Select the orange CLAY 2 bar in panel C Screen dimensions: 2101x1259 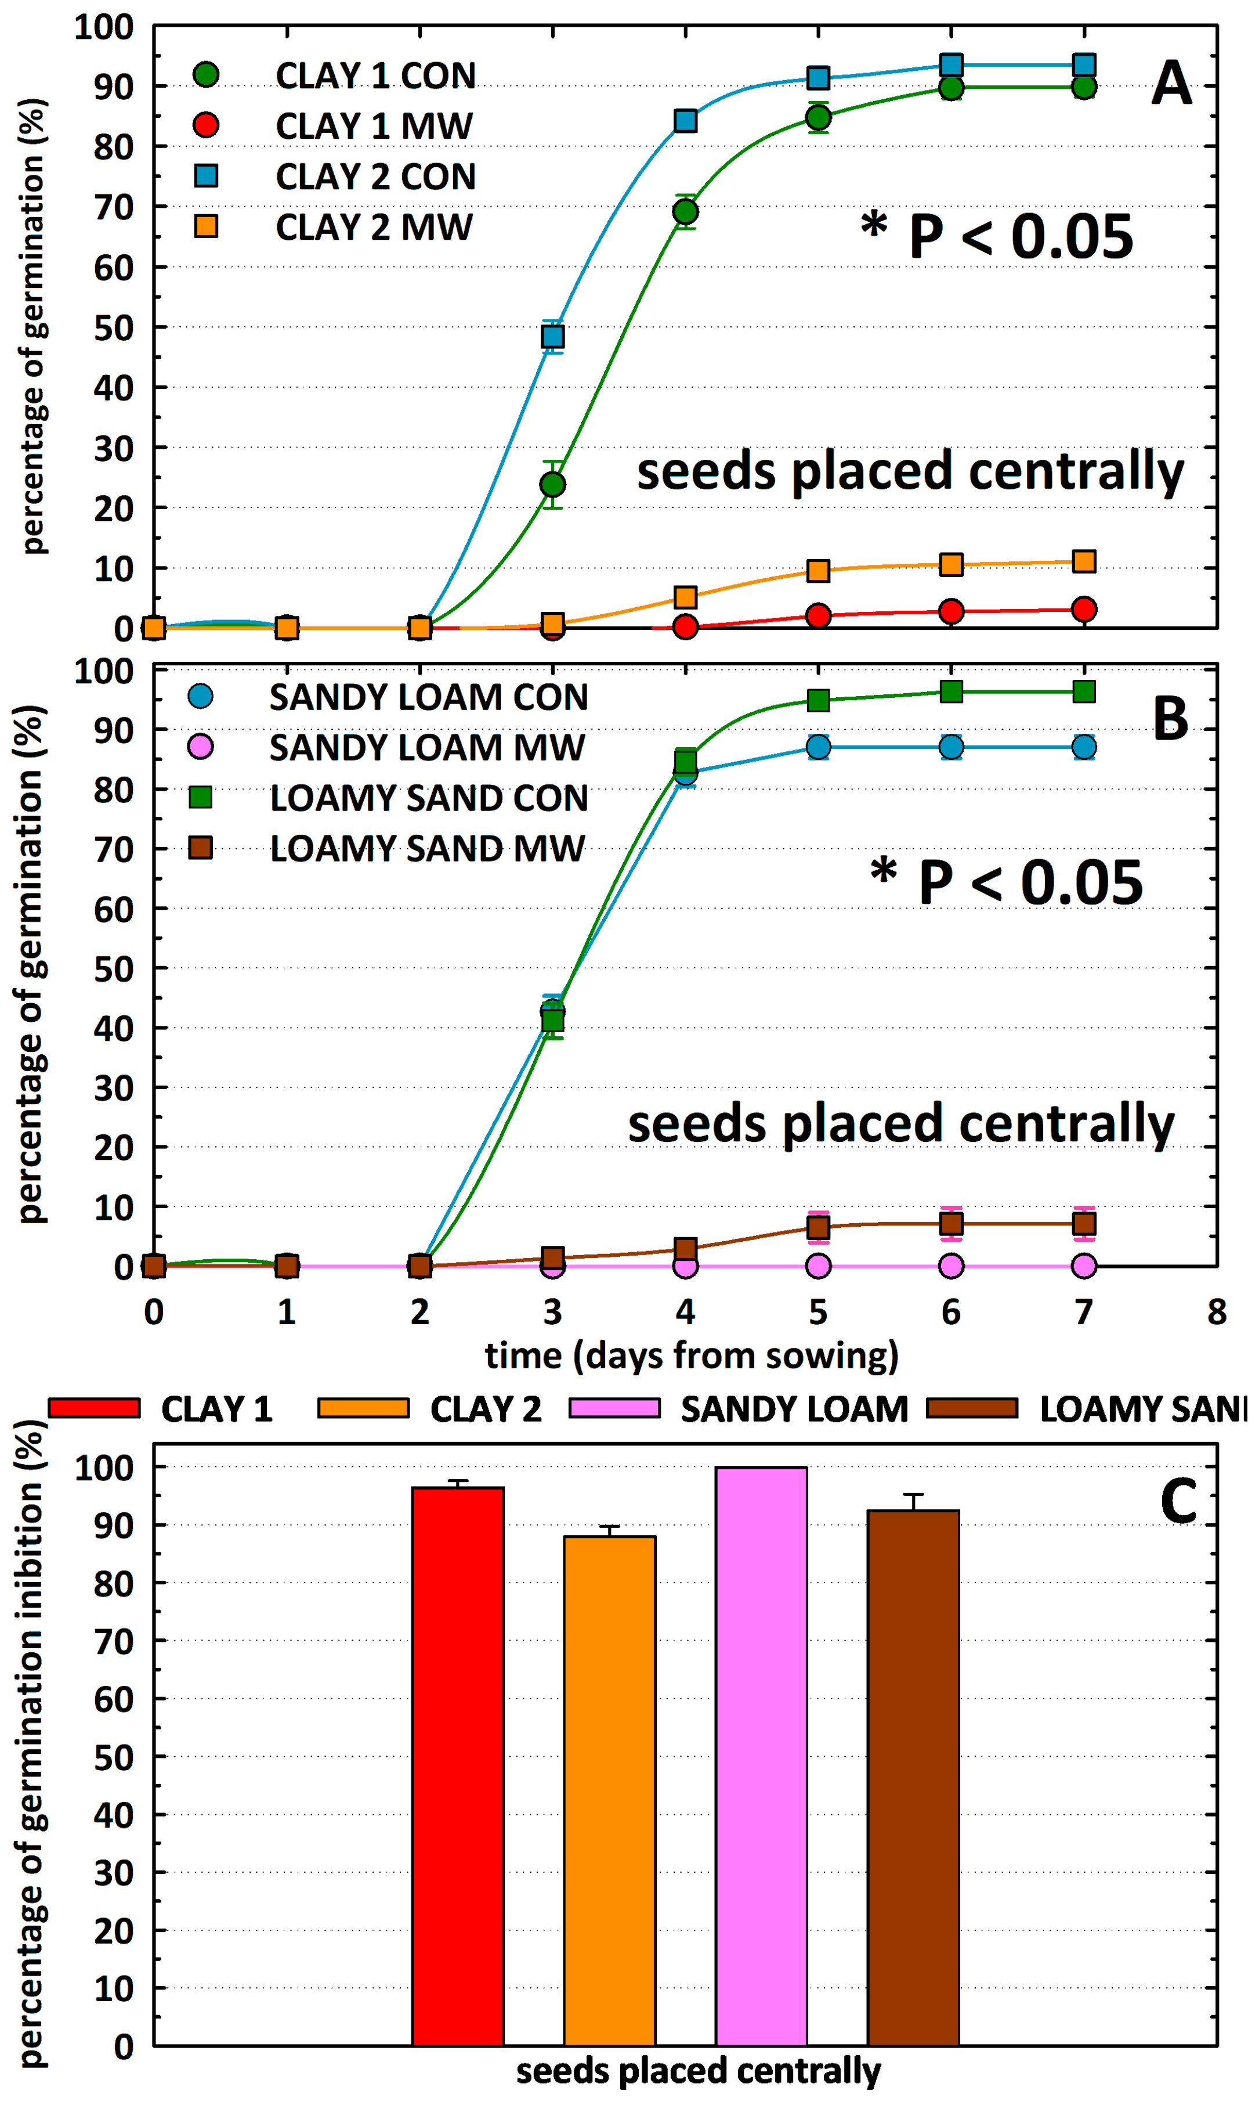(609, 1791)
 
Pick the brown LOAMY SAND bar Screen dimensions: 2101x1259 (913, 1778)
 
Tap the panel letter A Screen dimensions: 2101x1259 (1171, 83)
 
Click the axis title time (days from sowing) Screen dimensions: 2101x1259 (692, 1356)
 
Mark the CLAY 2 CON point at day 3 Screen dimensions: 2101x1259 (552, 337)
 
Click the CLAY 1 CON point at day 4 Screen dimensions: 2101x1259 (686, 211)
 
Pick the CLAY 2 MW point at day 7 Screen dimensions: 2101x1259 (1083, 561)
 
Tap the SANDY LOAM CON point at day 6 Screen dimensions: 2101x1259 (951, 747)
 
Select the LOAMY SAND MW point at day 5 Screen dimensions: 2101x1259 (818, 1227)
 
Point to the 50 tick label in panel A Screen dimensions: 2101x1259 (114, 327)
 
